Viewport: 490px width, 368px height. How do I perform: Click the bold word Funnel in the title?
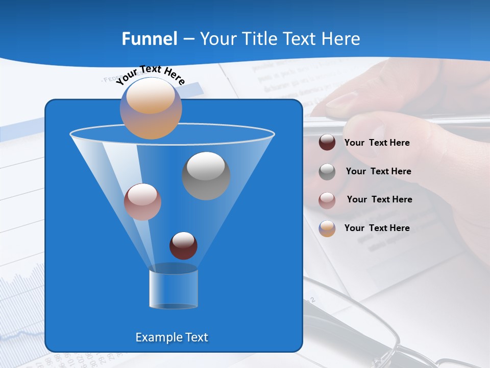[x=150, y=39]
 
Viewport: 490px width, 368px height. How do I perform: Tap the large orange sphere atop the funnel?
[x=151, y=108]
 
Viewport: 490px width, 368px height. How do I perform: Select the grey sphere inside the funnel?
[x=206, y=175]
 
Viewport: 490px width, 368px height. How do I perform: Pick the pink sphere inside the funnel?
[x=142, y=201]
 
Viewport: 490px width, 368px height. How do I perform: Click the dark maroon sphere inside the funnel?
[x=183, y=245]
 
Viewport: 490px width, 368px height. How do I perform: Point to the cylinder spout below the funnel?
[x=174, y=289]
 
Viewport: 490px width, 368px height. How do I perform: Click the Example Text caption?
[x=171, y=337]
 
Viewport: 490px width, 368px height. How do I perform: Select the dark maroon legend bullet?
[x=327, y=143]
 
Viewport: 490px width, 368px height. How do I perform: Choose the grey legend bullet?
[x=327, y=171]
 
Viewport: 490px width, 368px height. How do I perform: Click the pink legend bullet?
[x=327, y=200]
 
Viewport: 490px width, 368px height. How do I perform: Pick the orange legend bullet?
[x=327, y=228]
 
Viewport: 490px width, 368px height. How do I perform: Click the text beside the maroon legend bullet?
[x=377, y=143]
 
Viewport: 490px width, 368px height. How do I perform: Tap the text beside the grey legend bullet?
[x=378, y=171]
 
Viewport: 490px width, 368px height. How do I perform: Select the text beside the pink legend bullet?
[x=379, y=199]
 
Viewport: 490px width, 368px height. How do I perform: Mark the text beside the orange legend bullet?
[x=377, y=228]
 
